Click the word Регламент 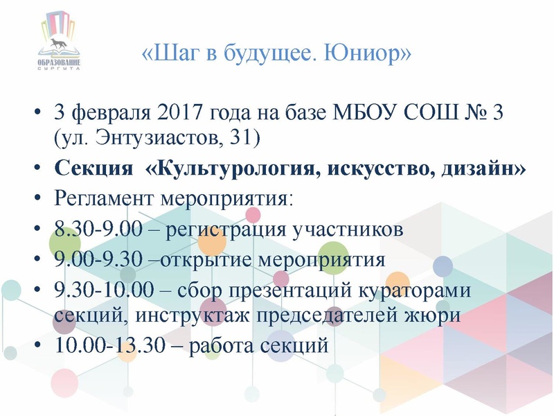pyautogui.click(x=105, y=200)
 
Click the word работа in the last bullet pyautogui.click(x=226, y=345)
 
